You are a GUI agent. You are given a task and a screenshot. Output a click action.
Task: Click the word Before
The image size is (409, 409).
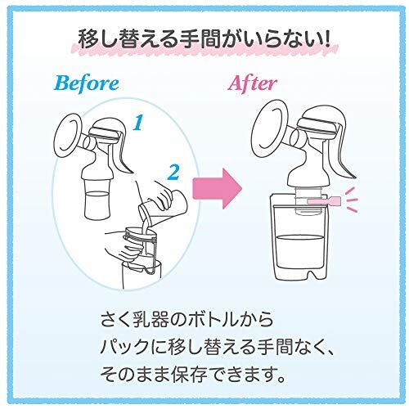point(87,83)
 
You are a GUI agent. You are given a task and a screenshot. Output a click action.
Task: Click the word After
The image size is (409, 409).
point(252,83)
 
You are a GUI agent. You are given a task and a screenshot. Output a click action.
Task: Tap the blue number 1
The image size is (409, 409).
point(138,123)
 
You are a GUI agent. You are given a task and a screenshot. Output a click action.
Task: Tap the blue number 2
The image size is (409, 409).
point(173,173)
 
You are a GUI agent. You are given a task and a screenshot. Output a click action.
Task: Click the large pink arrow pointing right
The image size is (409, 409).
point(218,188)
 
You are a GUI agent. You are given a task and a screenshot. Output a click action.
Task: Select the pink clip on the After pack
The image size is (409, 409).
point(324,201)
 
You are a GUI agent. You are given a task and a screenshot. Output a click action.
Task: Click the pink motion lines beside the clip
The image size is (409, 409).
point(352,200)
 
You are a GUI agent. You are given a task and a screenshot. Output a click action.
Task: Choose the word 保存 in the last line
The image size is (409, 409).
point(189,373)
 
